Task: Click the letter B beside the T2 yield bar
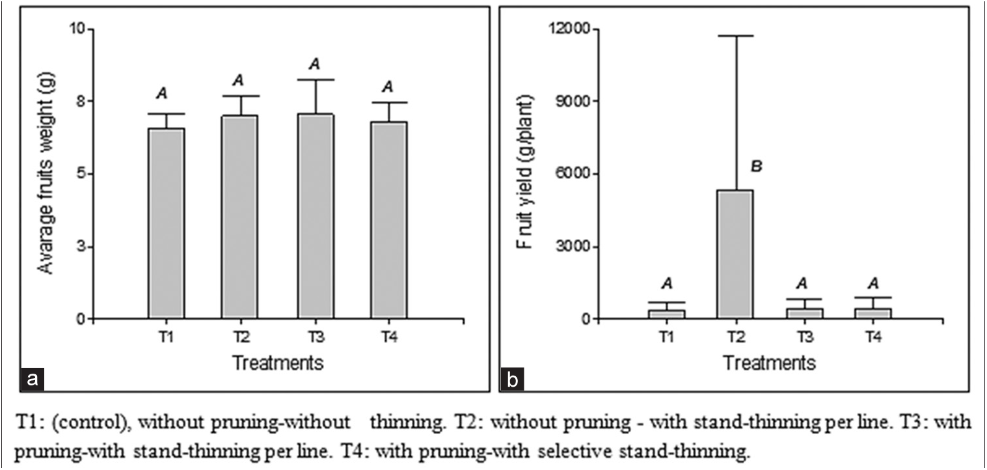tap(756, 167)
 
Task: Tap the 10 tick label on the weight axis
tap(79, 29)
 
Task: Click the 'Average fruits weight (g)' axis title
tap(45, 174)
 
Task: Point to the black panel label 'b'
tap(513, 378)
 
